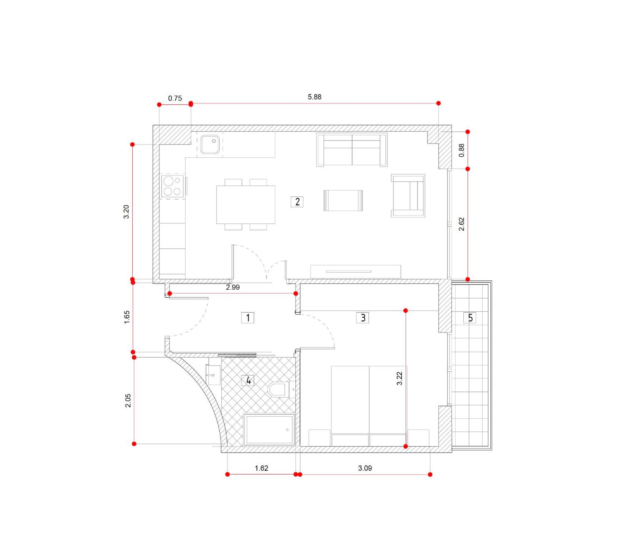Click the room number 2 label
pyautogui.click(x=297, y=202)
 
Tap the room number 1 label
pyautogui.click(x=248, y=318)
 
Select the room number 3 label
pyautogui.click(x=363, y=318)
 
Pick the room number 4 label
pyautogui.click(x=248, y=380)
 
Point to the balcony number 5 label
pyautogui.click(x=470, y=318)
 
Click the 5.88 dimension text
pyautogui.click(x=314, y=97)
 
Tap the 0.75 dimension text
pyautogui.click(x=175, y=99)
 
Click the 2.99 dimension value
pyautogui.click(x=233, y=287)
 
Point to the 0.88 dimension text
pyautogui.click(x=461, y=150)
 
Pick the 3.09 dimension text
pyautogui.click(x=365, y=468)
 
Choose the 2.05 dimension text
pyautogui.click(x=128, y=401)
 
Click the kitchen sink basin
pyautogui.click(x=210, y=144)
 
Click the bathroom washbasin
pyautogui.click(x=213, y=375)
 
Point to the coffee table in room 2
pyautogui.click(x=343, y=200)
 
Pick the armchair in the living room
pyautogui.click(x=408, y=196)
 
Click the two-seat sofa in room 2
pyautogui.click(x=352, y=150)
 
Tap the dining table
pyautogui.click(x=246, y=204)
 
